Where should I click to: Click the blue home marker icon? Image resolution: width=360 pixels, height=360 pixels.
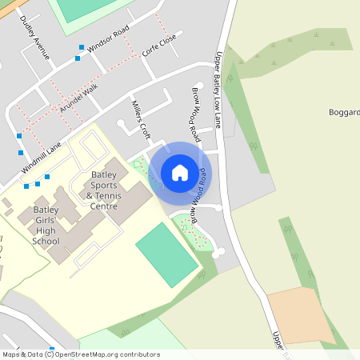180,172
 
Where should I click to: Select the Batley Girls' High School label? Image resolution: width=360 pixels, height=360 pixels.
46,226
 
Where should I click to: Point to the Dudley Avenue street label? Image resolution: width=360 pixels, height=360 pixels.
35,38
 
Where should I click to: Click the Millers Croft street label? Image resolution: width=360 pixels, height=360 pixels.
141,115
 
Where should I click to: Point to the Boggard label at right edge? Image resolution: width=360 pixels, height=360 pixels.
344,112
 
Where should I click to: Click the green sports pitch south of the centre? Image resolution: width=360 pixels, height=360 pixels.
166,254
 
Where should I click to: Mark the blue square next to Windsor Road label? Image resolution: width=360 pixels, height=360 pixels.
81,47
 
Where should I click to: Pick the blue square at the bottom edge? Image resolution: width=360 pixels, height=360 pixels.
52,349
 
